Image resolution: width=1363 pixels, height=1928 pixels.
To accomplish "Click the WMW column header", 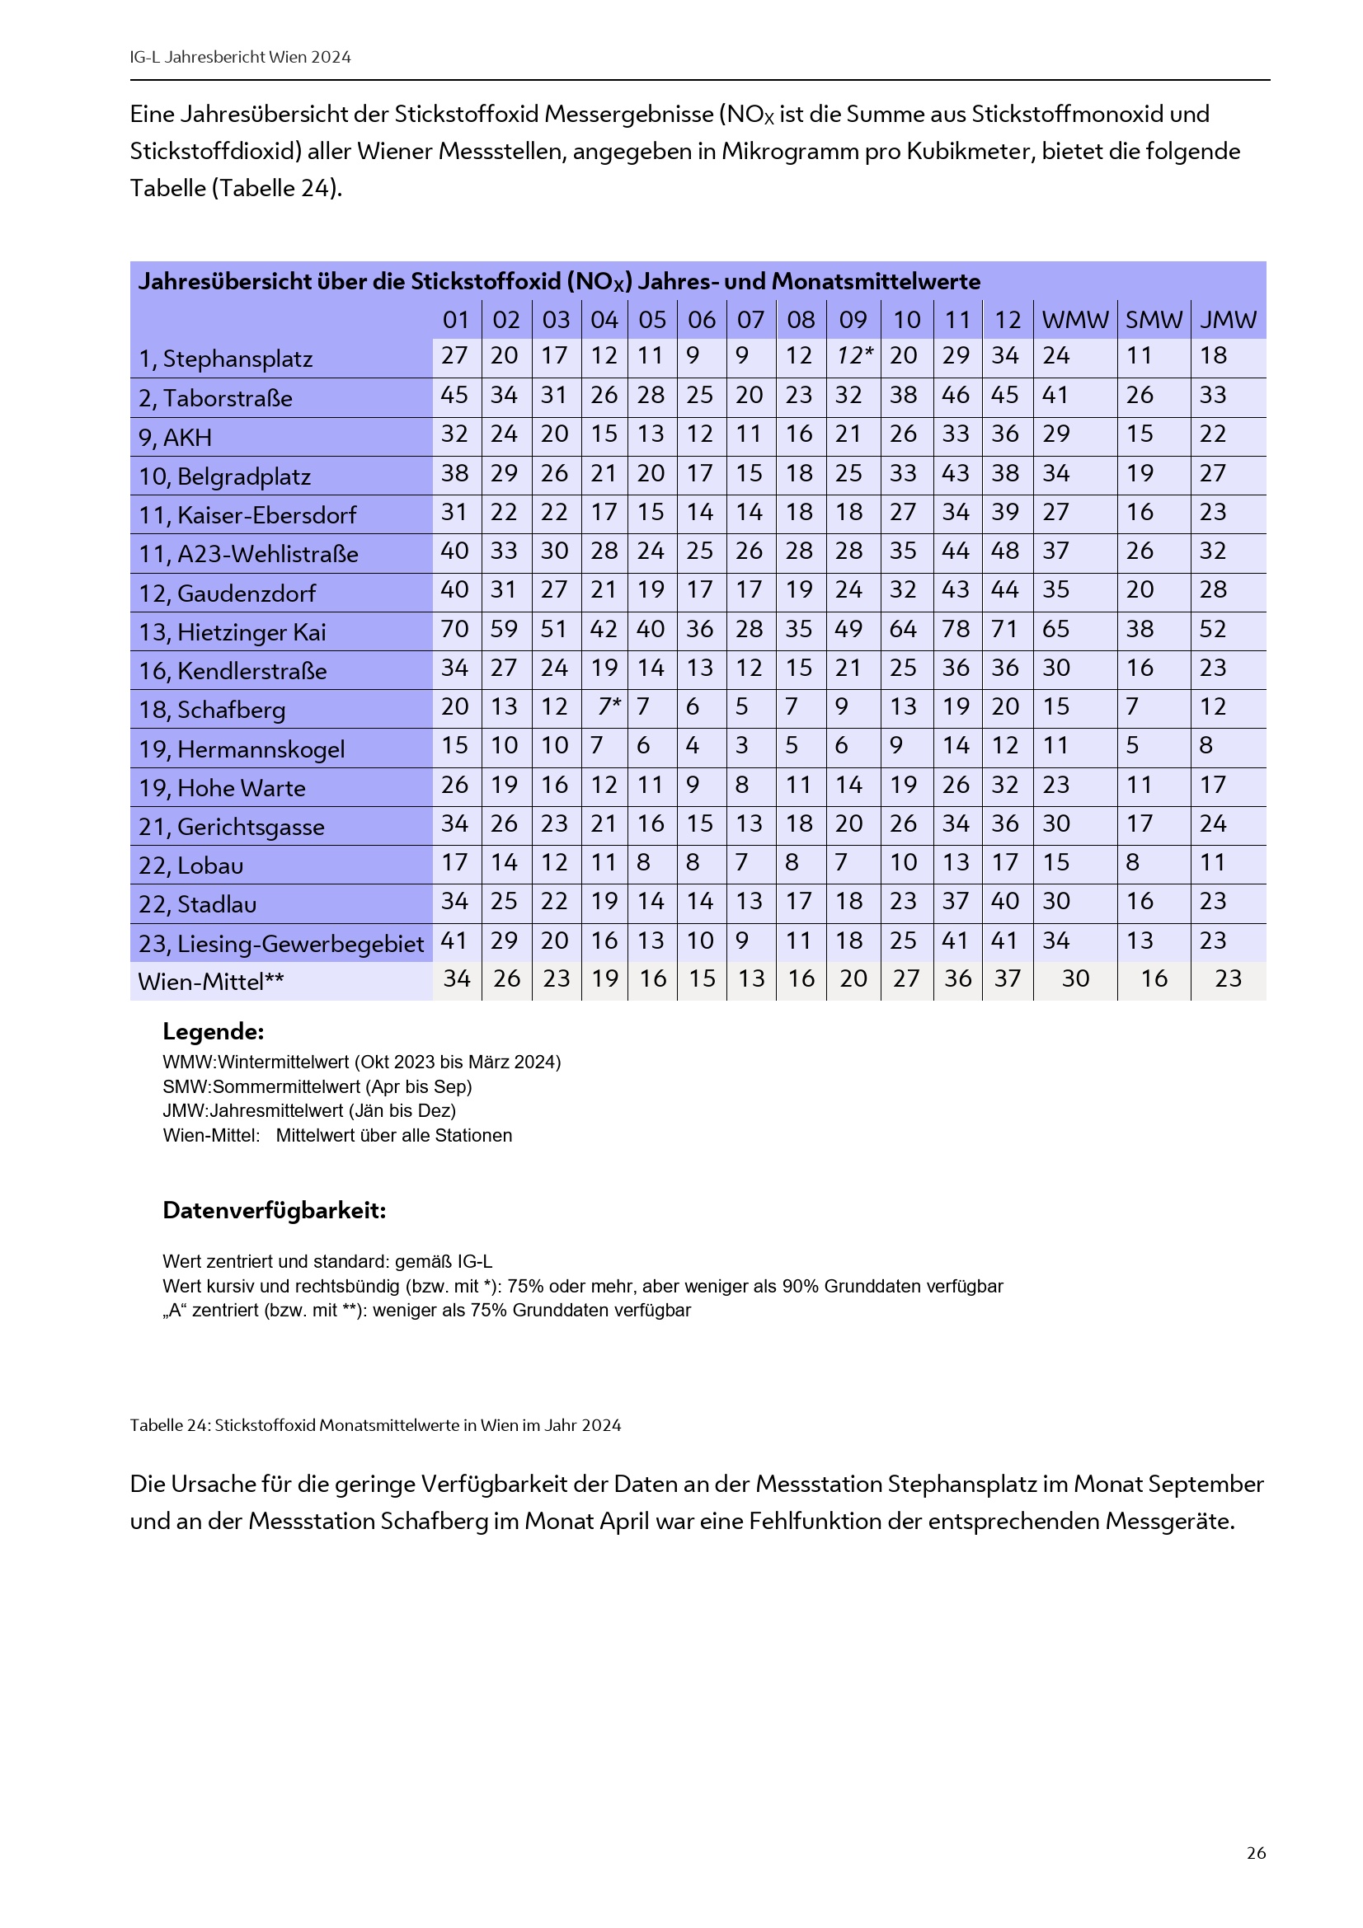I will (x=1075, y=320).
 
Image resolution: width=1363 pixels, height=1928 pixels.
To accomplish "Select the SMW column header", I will (x=1154, y=320).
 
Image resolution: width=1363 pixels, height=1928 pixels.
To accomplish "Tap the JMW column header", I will (x=1228, y=320).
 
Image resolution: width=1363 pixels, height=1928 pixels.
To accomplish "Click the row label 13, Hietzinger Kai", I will (x=232, y=632).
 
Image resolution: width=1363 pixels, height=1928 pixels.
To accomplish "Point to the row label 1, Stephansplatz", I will (x=225, y=359).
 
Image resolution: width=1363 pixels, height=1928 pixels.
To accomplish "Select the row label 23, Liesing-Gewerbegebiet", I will (x=280, y=944).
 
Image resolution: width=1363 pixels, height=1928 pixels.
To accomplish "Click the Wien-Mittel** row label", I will (x=211, y=982).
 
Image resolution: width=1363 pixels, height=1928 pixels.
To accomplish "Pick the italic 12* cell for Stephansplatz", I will (x=854, y=356).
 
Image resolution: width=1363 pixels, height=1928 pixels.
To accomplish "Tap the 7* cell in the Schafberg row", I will (x=609, y=707).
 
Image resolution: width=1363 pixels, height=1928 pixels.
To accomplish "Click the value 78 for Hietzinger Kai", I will (x=956, y=629).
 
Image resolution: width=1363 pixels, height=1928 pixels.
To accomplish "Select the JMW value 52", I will (x=1213, y=629).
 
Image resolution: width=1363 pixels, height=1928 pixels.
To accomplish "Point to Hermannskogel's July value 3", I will (x=741, y=746).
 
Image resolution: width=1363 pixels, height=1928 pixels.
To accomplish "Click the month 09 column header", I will (x=853, y=320).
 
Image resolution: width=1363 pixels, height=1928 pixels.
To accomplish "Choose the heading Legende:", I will (x=214, y=1031).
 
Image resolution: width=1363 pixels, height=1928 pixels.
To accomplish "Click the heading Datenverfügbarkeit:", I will (x=274, y=1210).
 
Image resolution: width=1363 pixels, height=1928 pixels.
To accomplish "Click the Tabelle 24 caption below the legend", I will (x=374, y=1425).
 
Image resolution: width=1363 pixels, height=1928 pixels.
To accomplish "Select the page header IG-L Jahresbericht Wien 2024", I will (x=240, y=57).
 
